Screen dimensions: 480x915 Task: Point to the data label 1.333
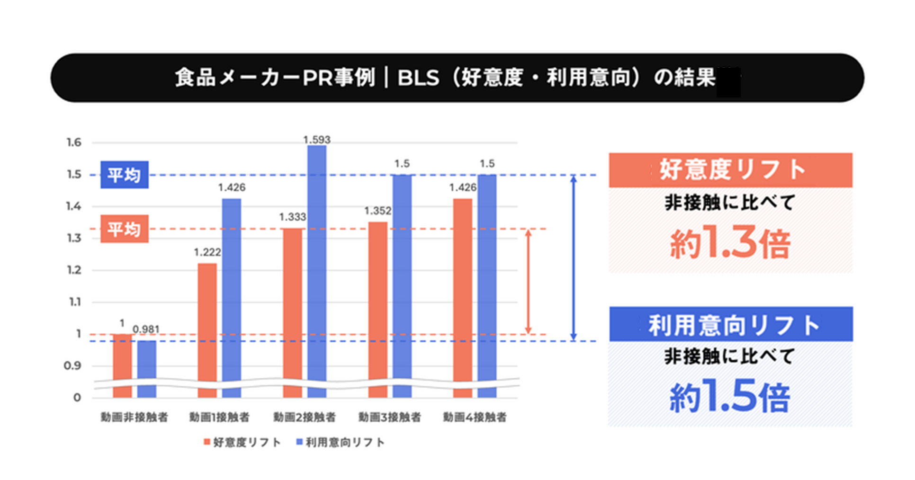pos(292,217)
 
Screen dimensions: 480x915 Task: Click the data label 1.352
pos(377,211)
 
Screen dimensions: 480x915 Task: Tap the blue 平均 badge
pos(124,175)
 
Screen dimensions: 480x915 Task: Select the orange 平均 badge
pos(124,229)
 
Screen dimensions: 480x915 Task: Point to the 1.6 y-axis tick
pos(74,142)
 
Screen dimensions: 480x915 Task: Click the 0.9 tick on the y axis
pos(72,366)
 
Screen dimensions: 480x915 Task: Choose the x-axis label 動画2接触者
pos(304,418)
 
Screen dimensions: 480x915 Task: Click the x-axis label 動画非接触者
pos(134,418)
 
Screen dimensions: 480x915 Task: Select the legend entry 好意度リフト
pos(242,443)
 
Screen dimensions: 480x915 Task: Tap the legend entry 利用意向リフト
pos(340,443)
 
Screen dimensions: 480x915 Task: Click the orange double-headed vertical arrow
pos(529,282)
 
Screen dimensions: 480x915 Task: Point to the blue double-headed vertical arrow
pos(574,258)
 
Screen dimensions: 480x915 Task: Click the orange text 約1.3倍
pos(730,244)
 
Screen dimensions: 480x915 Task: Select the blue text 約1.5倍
pos(730,397)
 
